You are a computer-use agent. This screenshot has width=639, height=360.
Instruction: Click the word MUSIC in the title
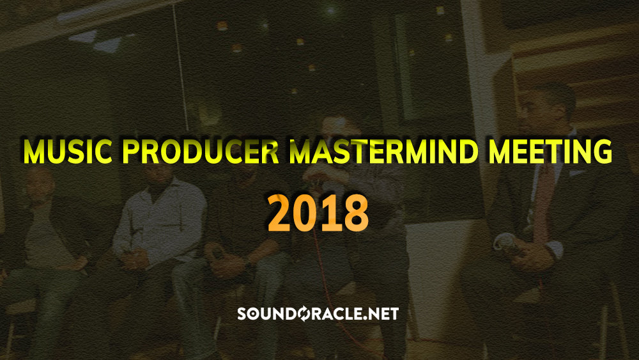[x=67, y=152]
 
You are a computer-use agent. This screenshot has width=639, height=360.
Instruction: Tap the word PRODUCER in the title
[x=199, y=152]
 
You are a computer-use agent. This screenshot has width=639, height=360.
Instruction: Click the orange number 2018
[x=318, y=213]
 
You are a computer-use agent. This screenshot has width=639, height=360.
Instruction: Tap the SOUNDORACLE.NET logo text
[x=318, y=313]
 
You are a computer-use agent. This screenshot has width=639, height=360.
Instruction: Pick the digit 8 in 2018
[x=357, y=213]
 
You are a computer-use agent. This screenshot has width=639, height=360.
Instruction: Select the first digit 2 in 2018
[x=280, y=213]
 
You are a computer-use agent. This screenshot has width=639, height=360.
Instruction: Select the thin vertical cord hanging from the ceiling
[x=181, y=65]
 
